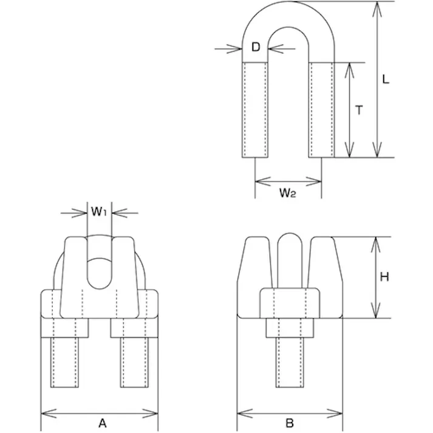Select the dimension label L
[x=386, y=79]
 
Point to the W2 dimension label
[x=288, y=193]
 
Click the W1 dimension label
[x=99, y=212]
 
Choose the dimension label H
[x=384, y=277]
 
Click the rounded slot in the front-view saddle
[x=100, y=272]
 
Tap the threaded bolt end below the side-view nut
[x=290, y=364]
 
